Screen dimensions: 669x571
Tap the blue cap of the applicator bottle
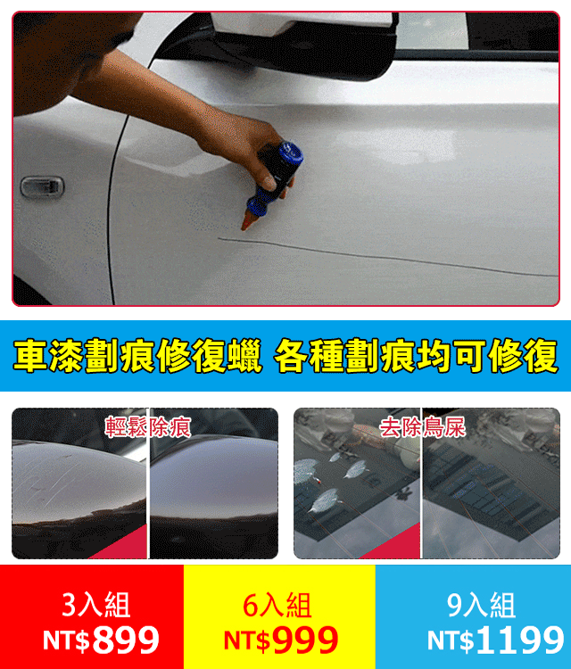click(287, 153)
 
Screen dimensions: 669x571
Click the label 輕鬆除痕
click(148, 426)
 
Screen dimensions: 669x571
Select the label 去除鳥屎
click(423, 426)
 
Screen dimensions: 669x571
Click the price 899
click(126, 640)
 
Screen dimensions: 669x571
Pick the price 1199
click(519, 640)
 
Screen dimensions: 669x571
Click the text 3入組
click(96, 606)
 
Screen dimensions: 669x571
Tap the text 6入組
click(277, 606)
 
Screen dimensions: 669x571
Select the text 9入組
click(482, 606)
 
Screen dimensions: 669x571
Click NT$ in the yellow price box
click(246, 640)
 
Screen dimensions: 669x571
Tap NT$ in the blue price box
click(451, 640)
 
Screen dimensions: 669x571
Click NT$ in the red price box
click(66, 640)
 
